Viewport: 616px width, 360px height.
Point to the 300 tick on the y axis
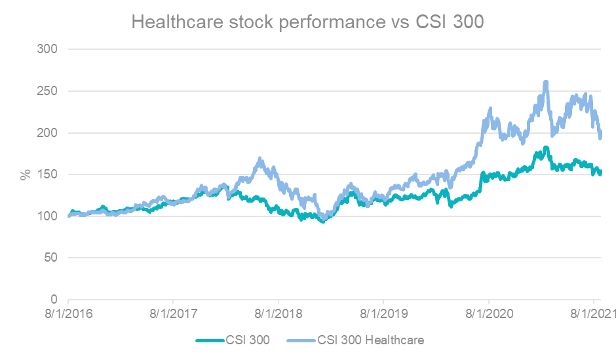point(48,49)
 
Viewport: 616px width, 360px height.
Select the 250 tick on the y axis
point(48,91)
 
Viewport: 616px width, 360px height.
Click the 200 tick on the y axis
point(48,133)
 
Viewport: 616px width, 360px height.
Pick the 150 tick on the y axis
point(48,174)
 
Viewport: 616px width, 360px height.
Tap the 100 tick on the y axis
point(48,216)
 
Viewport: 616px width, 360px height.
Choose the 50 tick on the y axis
point(52,258)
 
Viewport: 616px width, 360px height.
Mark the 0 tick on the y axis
point(55,300)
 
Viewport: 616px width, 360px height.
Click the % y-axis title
point(26,174)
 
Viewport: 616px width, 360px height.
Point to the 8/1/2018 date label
point(278,314)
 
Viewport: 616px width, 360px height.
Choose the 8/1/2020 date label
point(488,314)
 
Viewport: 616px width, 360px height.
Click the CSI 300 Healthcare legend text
point(371,340)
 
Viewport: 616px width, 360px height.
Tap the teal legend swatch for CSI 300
point(209,340)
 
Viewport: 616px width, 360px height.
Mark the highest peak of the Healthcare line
point(545,83)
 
